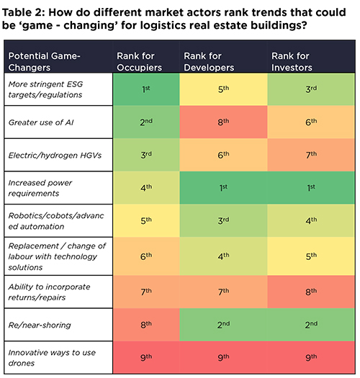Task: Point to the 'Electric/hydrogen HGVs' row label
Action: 55,154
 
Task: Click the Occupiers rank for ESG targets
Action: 148,89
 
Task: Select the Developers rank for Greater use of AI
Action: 222,122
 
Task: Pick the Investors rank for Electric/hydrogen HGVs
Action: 312,154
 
